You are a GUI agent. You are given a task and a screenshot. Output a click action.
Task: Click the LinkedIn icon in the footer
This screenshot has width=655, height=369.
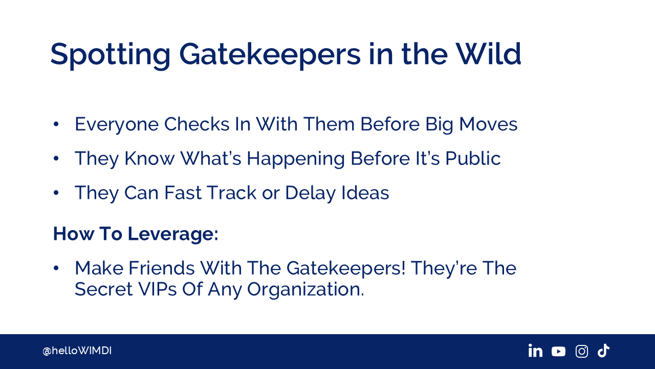535,351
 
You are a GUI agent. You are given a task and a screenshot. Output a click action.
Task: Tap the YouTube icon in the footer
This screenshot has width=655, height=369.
558,352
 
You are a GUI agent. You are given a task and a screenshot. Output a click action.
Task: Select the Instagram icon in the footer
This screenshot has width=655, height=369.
582,351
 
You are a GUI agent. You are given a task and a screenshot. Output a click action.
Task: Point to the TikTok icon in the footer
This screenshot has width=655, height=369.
603,351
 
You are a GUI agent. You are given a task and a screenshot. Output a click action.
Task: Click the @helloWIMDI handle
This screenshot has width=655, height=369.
77,351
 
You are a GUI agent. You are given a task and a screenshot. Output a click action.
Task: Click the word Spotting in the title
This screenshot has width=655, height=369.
110,55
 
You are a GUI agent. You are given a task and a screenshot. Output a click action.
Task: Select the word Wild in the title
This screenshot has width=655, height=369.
488,54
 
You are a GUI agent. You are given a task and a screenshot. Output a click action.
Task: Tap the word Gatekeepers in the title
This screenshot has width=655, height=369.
270,55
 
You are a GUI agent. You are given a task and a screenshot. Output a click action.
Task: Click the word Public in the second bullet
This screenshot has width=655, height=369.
473,158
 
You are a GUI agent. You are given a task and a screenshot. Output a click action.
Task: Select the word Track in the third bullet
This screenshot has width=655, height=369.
232,193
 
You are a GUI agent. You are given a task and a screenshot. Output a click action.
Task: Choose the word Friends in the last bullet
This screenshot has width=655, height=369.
162,268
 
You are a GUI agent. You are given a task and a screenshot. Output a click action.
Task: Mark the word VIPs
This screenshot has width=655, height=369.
157,289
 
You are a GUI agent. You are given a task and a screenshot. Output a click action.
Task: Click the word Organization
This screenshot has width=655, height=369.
305,290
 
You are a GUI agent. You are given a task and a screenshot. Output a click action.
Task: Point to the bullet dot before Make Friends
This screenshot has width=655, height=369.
56,268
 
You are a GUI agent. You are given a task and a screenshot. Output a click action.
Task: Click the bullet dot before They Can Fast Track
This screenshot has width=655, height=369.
56,193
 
